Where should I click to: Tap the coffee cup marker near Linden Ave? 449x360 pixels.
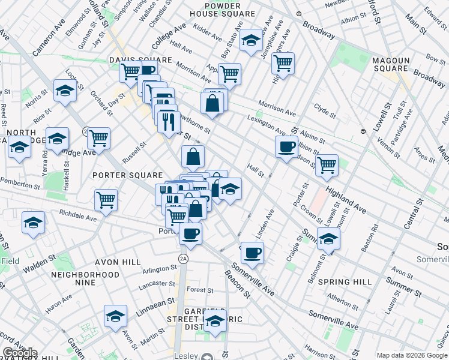(253, 252)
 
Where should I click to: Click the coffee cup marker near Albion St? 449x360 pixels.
(286, 146)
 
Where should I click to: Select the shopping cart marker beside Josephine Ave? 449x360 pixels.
(282, 62)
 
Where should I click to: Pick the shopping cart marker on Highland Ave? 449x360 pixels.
(327, 165)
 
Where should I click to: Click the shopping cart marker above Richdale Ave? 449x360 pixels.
(106, 199)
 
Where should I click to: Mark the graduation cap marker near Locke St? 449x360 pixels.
(65, 90)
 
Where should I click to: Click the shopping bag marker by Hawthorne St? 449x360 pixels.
(212, 102)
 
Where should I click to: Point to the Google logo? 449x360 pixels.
(20, 353)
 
